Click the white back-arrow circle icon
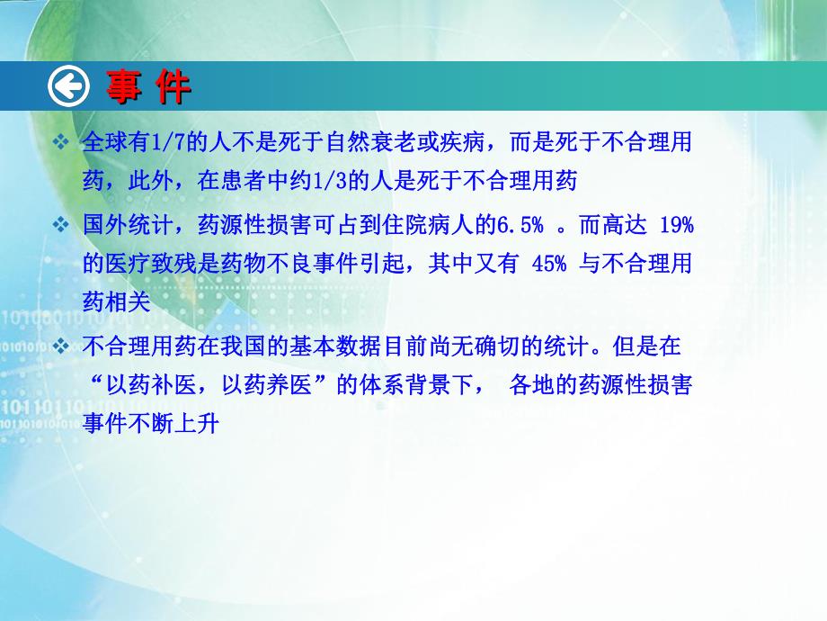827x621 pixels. (70, 87)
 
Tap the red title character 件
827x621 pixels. (172, 87)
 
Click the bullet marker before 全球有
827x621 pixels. (61, 143)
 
